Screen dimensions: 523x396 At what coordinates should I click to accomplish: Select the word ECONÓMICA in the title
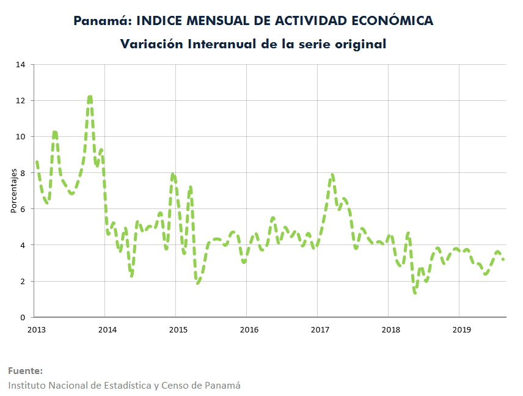[x=392, y=20]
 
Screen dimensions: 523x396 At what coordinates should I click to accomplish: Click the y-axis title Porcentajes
[x=13, y=191]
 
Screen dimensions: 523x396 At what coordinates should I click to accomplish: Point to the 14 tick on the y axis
[x=20, y=64]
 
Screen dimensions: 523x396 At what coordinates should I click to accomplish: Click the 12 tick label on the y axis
[x=20, y=100]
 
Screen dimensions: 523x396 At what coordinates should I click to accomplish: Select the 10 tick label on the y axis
[x=20, y=136]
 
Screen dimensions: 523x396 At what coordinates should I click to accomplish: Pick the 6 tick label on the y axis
[x=23, y=209]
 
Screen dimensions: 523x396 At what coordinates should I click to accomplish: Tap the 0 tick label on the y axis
[x=23, y=317]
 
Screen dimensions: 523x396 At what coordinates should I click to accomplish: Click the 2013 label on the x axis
[x=37, y=329]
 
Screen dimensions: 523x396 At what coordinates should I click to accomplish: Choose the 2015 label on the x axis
[x=178, y=329]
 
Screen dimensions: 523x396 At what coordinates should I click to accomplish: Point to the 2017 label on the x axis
[x=320, y=329]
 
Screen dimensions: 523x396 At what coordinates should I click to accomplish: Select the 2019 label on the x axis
[x=462, y=329]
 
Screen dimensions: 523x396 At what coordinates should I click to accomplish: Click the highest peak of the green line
[x=90, y=97]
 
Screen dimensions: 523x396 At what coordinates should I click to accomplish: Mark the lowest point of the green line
[x=415, y=293]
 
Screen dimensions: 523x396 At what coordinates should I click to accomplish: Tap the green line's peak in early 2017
[x=332, y=175]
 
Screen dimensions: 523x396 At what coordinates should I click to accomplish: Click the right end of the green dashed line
[x=503, y=259]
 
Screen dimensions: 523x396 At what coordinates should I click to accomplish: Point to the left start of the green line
[x=37, y=162]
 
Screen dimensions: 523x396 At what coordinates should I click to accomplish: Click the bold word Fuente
[x=24, y=371]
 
